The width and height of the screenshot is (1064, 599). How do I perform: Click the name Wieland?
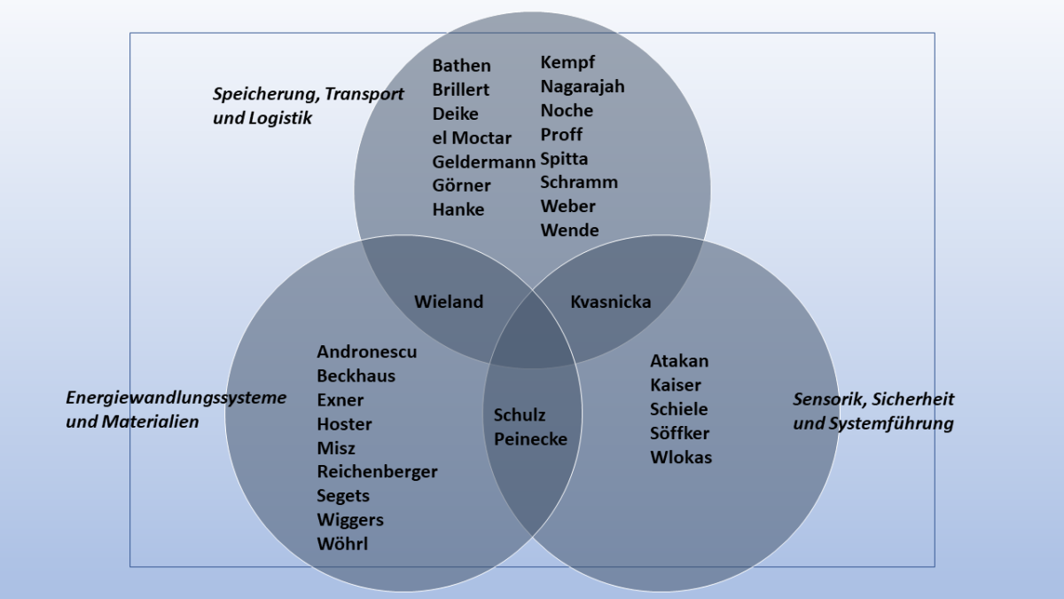(x=449, y=302)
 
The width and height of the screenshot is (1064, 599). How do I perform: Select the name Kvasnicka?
(x=611, y=302)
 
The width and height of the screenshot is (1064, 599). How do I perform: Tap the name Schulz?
(x=520, y=414)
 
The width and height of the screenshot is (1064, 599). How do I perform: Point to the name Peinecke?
(x=530, y=438)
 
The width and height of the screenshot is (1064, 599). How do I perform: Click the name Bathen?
(x=461, y=66)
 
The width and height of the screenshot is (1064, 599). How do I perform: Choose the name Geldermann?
(x=483, y=162)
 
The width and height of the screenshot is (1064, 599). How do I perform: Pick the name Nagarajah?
(x=583, y=87)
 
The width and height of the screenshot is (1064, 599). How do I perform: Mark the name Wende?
(x=569, y=231)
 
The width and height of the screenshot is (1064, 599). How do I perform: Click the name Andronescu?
(x=367, y=351)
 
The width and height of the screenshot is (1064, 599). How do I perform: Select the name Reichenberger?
(x=377, y=471)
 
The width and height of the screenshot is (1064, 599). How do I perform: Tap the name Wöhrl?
(x=342, y=543)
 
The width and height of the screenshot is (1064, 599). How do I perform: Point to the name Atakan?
(x=679, y=361)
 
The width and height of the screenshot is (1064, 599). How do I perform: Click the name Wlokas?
(x=681, y=457)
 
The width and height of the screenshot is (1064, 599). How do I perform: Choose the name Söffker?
(x=679, y=433)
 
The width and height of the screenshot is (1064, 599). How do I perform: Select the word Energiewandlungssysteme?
(x=176, y=398)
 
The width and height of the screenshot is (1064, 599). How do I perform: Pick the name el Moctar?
(x=472, y=138)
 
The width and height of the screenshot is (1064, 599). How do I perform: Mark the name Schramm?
(x=579, y=182)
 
